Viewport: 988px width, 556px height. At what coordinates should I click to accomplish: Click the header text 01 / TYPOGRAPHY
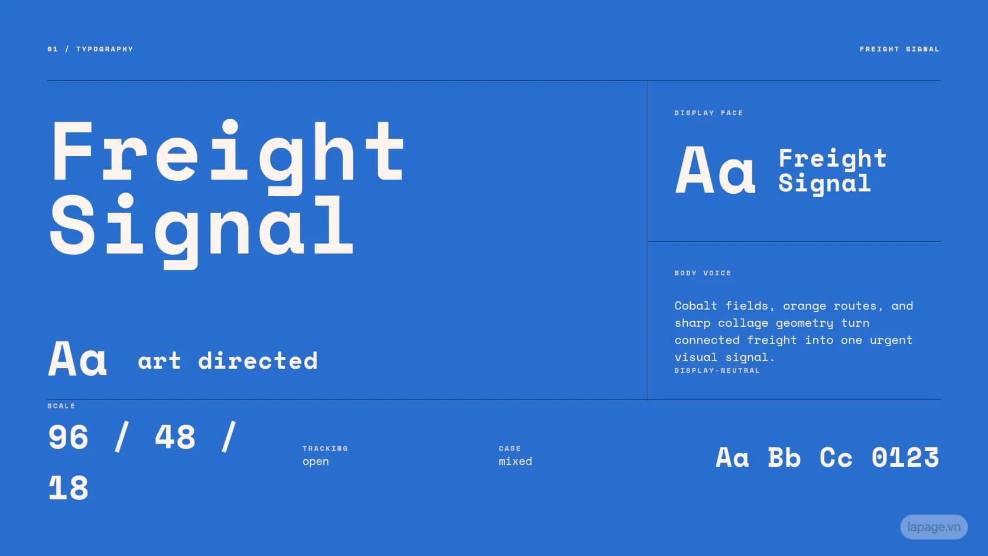(90, 49)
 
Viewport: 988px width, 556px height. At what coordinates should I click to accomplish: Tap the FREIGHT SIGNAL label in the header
(900, 49)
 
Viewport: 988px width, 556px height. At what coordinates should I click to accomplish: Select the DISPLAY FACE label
(708, 113)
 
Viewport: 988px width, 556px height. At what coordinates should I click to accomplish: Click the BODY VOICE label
(703, 273)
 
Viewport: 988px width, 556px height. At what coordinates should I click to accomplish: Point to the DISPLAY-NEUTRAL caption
(717, 370)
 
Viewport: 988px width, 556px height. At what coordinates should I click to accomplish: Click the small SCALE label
(61, 406)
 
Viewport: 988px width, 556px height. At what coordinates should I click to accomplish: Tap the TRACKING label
(325, 448)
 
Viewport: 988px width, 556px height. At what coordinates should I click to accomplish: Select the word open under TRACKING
(316, 462)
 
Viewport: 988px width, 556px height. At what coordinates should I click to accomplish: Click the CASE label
(510, 448)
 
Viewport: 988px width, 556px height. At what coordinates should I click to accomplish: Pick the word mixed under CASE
(515, 461)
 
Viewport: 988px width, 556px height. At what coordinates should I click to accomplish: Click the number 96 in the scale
(69, 437)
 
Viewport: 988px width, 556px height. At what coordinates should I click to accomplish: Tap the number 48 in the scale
(175, 437)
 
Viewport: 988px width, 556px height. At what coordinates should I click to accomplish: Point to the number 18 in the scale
(69, 487)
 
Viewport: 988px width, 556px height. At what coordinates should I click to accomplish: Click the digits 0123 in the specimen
(905, 458)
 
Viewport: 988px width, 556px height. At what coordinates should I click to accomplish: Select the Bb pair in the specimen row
(784, 458)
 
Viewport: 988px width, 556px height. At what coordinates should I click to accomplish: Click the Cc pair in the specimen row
(836, 458)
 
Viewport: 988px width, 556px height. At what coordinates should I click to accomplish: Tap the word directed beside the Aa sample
(258, 360)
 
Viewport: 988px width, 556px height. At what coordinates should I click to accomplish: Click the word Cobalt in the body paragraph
(695, 305)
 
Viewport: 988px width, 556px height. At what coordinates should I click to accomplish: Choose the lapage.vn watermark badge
(934, 527)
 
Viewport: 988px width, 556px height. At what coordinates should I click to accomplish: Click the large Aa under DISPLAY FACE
(715, 170)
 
